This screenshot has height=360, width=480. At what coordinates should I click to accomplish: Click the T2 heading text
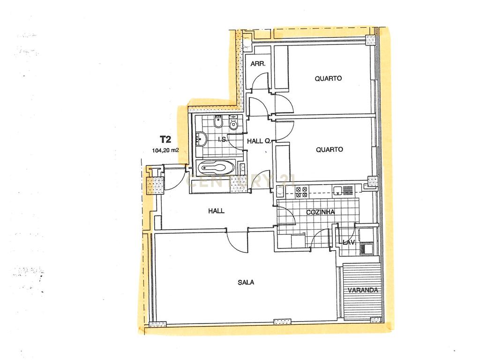tap(165, 140)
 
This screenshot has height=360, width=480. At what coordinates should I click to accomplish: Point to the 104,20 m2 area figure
tap(165, 150)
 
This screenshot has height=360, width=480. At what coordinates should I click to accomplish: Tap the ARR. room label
tap(258, 64)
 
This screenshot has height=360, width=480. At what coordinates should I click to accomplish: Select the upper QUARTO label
tap(328, 78)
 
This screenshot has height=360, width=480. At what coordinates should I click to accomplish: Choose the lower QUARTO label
tap(330, 150)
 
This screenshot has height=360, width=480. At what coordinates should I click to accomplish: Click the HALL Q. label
tap(259, 141)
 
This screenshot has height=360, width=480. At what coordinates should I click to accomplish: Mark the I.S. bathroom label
tap(223, 140)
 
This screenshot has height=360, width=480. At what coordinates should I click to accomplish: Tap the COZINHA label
tap(320, 212)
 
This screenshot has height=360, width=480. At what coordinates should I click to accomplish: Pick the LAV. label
tap(349, 242)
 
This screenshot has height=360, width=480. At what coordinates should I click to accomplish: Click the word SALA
tap(246, 283)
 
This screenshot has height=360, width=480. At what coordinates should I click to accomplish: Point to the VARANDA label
tap(363, 291)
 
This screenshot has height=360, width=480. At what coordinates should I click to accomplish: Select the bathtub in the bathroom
tap(216, 168)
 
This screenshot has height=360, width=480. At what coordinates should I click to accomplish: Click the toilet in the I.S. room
tap(218, 122)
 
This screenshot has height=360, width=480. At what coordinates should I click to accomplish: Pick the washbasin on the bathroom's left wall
tap(201, 139)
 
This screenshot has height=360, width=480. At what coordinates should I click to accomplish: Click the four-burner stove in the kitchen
tap(300, 192)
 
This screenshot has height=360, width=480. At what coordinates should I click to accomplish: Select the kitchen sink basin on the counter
tap(337, 190)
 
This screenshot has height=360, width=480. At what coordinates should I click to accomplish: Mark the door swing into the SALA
tap(238, 242)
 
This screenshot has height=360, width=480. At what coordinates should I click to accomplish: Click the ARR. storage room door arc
tap(260, 82)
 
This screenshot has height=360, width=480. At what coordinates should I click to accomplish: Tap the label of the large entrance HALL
tap(216, 211)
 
